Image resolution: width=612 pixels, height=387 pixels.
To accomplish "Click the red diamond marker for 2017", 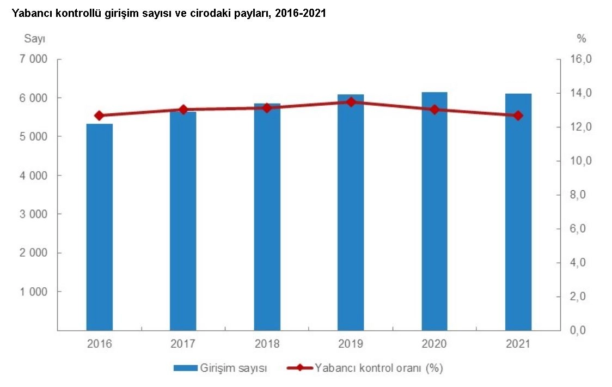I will tap(183, 110).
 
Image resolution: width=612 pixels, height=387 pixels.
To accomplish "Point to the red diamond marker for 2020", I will tap(434, 110).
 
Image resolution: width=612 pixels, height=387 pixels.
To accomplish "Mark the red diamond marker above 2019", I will tap(351, 101).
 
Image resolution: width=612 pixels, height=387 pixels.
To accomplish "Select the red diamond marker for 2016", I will tap(99, 116).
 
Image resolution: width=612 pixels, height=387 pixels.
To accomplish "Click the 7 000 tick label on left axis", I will tap(34, 59).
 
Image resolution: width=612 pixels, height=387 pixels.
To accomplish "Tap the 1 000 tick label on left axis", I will tap(34, 292).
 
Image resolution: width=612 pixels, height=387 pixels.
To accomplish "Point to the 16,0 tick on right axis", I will tap(580, 59).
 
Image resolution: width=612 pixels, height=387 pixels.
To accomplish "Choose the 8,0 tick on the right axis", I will tap(580, 195).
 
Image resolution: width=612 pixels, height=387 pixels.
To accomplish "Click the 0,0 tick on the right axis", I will tap(580, 330).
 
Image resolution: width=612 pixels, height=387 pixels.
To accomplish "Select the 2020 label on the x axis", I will tap(434, 344).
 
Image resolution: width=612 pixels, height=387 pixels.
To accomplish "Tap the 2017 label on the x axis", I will tap(183, 344).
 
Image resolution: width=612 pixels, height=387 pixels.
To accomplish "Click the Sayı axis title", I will tap(34, 38).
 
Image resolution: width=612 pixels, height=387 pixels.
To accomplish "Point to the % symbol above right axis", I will tap(582, 38).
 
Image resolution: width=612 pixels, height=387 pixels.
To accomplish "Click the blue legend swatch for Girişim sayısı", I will tap(185, 368).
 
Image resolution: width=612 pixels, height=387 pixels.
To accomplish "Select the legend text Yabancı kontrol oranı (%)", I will tap(379, 368).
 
